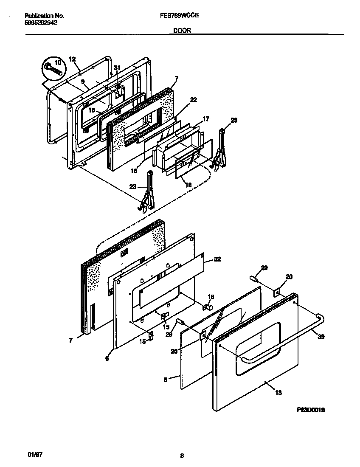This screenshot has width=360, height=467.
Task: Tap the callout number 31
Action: tap(117, 68)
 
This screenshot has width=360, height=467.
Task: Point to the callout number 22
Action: tap(193, 99)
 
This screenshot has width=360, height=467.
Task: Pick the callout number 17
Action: tap(205, 120)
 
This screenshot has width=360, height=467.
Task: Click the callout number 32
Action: tap(217, 259)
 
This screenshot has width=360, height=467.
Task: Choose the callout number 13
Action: tap(278, 393)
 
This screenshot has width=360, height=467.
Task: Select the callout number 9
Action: tap(82, 82)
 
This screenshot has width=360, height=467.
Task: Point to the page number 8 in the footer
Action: tap(182, 456)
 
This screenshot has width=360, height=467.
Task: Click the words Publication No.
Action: tap(44, 16)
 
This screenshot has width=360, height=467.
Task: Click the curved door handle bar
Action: tap(284, 340)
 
